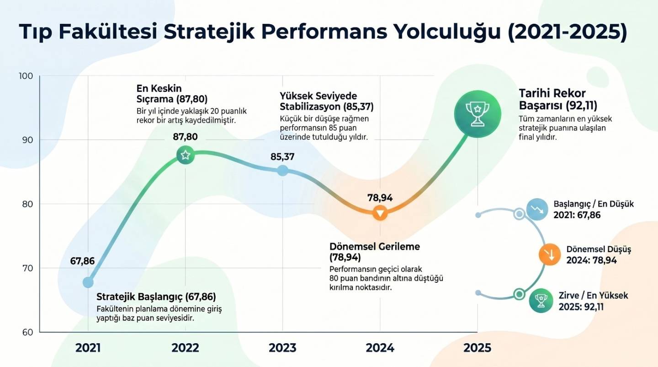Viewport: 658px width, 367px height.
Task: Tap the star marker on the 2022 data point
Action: tap(185, 155)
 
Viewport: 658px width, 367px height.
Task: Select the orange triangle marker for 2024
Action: tap(380, 213)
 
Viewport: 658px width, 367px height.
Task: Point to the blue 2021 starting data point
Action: tap(88, 282)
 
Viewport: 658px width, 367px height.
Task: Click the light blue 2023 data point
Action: tap(283, 171)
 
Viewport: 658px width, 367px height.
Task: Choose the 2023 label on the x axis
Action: tap(282, 348)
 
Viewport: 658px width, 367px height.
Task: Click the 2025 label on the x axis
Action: tap(477, 348)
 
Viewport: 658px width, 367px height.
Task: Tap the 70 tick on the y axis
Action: tap(28, 268)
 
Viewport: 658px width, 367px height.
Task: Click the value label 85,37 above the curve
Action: tap(282, 157)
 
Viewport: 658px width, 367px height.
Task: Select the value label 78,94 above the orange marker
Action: tap(380, 198)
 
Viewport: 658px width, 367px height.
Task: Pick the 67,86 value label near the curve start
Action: tap(82, 261)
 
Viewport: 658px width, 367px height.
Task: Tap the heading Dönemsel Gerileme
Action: tap(374, 252)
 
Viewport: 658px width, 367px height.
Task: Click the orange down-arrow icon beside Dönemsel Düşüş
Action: tap(550, 255)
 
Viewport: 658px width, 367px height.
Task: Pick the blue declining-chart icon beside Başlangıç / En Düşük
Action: tap(537, 210)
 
